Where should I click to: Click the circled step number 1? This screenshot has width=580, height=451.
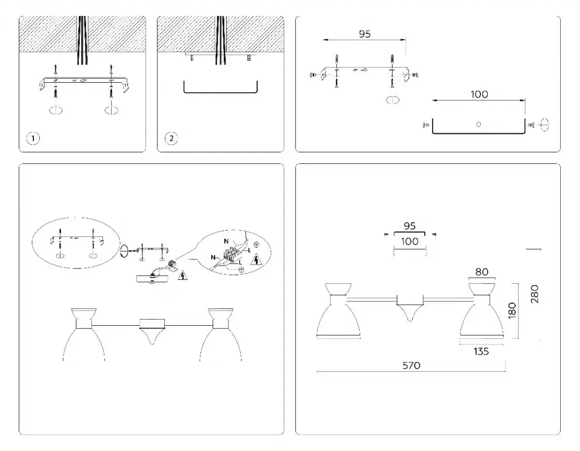[34, 138]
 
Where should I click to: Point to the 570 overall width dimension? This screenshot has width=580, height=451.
[411, 365]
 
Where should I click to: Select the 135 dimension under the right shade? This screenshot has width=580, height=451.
[481, 351]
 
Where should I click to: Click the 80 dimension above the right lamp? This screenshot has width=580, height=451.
[481, 272]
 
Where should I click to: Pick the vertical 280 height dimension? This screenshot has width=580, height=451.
[535, 294]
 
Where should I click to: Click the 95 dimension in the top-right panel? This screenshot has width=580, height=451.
[365, 34]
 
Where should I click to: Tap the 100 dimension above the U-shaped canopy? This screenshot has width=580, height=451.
[479, 95]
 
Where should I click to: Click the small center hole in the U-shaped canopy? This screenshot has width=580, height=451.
[479, 124]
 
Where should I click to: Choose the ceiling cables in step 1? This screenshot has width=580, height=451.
[83, 34]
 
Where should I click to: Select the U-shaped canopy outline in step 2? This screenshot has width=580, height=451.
[220, 91]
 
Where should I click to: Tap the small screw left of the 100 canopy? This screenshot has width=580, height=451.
[425, 125]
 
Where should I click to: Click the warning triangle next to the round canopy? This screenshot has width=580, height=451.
[182, 276]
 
